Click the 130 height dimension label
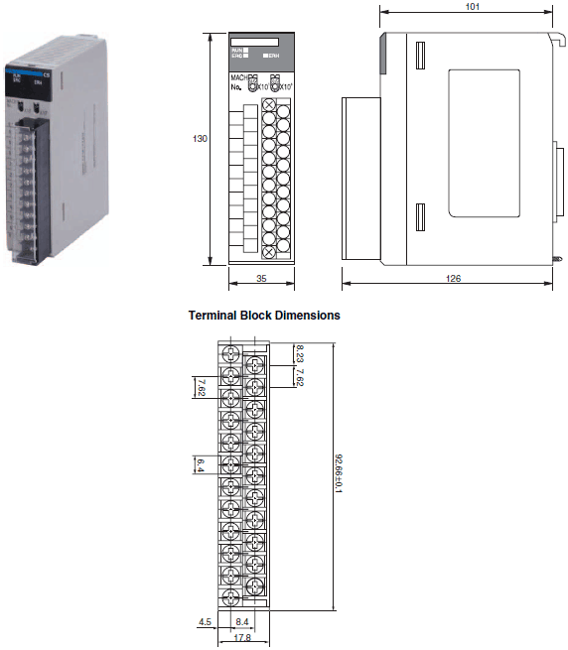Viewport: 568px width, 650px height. tap(200, 139)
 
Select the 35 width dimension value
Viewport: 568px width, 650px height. tap(261, 280)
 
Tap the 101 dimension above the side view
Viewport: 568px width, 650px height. tap(472, 7)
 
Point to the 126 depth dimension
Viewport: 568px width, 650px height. tap(452, 280)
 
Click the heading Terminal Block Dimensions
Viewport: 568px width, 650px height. tap(264, 315)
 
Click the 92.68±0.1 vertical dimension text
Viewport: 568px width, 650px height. tap(341, 474)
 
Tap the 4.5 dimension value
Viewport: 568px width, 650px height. tap(206, 623)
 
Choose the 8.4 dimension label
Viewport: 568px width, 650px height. tap(242, 623)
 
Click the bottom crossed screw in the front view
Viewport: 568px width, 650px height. tap(268, 253)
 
